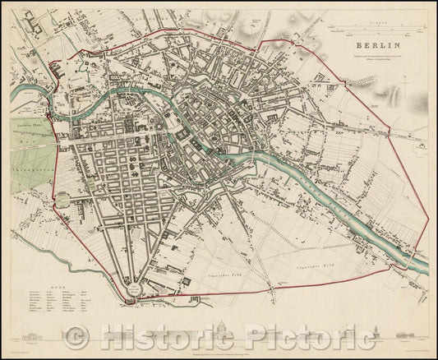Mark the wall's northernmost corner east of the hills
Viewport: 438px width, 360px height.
coord(270,39)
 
